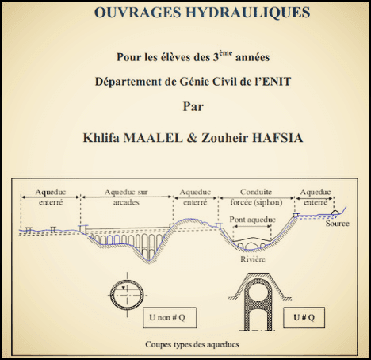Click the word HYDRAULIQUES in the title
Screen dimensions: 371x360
pyautogui.click(x=247, y=13)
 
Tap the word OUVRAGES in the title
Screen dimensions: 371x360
pyautogui.click(x=138, y=13)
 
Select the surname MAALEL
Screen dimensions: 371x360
pyautogui.click(x=153, y=138)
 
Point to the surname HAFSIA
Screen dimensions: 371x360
pyautogui.click(x=277, y=138)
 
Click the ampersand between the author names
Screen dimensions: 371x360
pyautogui.click(x=192, y=138)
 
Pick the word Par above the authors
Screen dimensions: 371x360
pyautogui.click(x=193, y=107)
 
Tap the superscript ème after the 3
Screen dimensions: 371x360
pyautogui.click(x=226, y=53)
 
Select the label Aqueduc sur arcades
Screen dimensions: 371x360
pyautogui.click(x=126, y=197)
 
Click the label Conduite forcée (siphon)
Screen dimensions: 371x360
pyautogui.click(x=256, y=197)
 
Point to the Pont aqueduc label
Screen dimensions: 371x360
pyautogui.click(x=252, y=220)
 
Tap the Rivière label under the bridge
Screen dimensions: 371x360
pyautogui.click(x=253, y=259)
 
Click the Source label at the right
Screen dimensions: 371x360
pyautogui.click(x=337, y=224)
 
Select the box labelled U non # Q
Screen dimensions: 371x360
pyautogui.click(x=170, y=317)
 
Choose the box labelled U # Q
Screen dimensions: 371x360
pyautogui.click(x=304, y=317)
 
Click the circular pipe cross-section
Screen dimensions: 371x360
pyautogui.click(x=112, y=295)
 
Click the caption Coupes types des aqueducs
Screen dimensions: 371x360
pyautogui.click(x=193, y=344)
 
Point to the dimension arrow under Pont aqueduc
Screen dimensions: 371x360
pyautogui.click(x=253, y=226)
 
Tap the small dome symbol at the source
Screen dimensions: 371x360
pyautogui.click(x=335, y=213)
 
